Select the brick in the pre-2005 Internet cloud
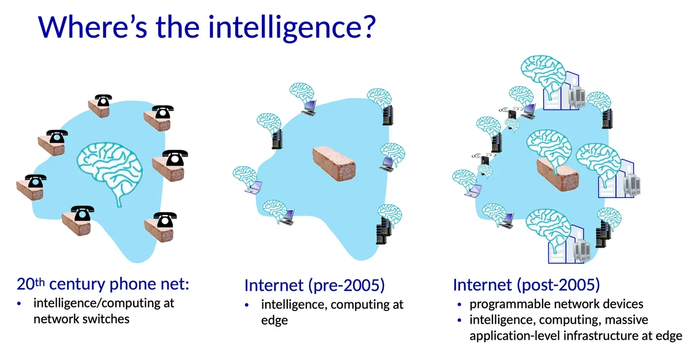(x=334, y=163)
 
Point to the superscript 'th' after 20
(x=40, y=282)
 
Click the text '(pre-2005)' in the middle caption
(x=347, y=285)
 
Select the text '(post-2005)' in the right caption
(x=559, y=285)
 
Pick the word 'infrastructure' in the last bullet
(x=600, y=336)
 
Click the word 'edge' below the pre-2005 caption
(x=274, y=321)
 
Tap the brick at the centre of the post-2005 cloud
(x=557, y=174)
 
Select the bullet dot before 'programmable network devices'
(x=460, y=305)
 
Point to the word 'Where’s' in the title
(x=93, y=27)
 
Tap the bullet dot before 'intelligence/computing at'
(x=19, y=304)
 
